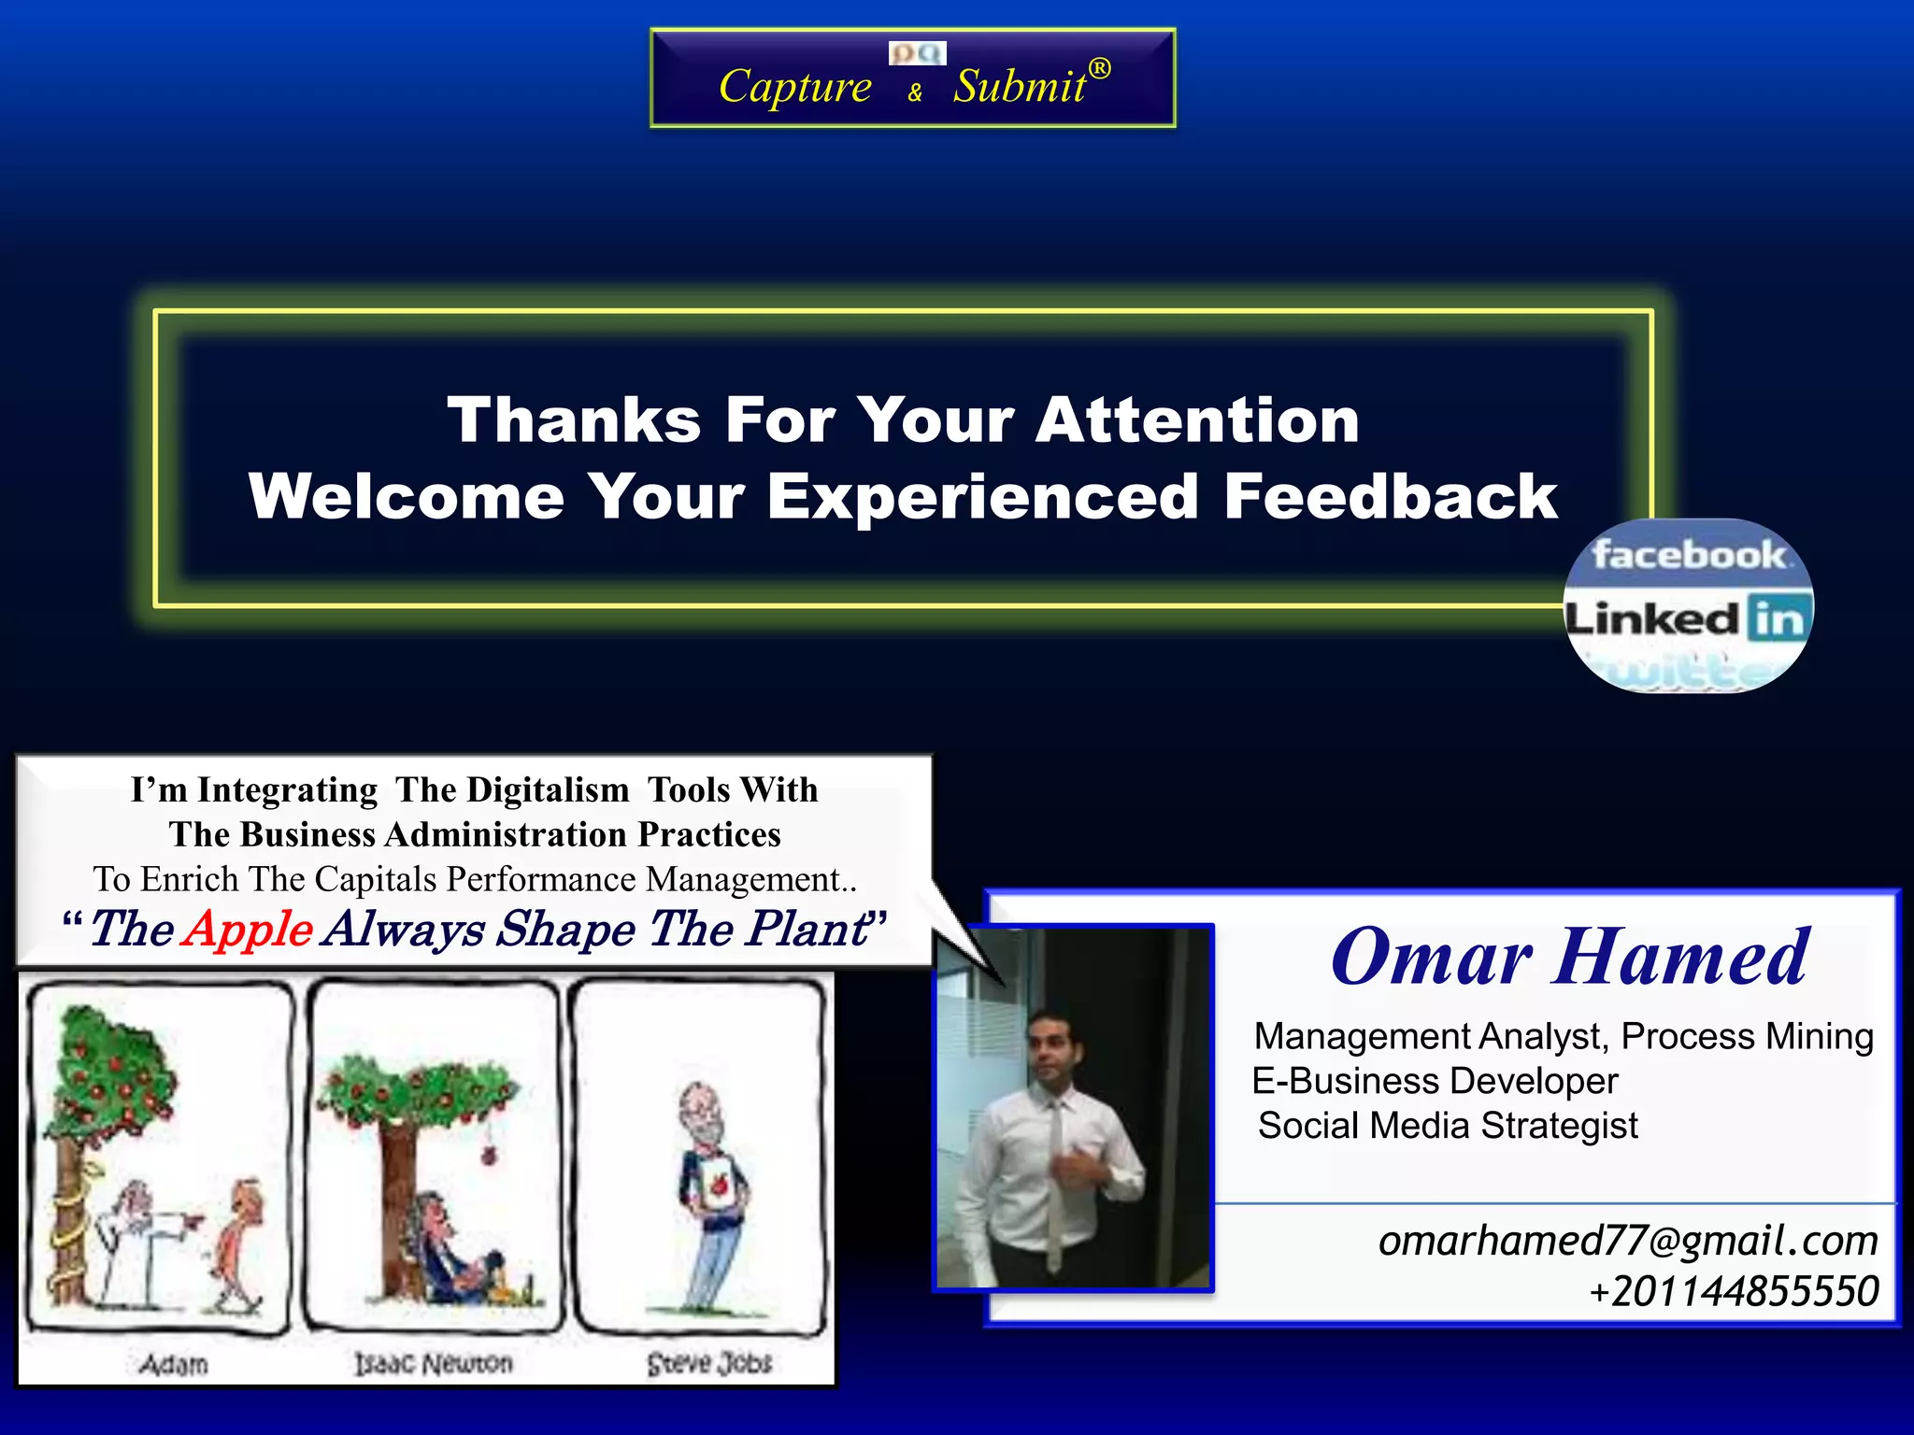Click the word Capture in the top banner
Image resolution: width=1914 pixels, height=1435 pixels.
[794, 86]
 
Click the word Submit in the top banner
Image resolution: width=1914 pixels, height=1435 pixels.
[1019, 86]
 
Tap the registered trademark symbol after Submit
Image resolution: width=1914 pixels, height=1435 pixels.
[1100, 68]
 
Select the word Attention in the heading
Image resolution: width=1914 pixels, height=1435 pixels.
[1197, 419]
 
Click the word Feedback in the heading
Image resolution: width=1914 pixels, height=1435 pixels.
[1390, 496]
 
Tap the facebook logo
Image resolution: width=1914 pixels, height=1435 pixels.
[1688, 555]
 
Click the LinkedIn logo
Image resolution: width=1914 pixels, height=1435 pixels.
[1687, 618]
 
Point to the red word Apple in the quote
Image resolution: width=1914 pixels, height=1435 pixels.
[248, 929]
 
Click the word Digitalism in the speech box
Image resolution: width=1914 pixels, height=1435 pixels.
[548, 789]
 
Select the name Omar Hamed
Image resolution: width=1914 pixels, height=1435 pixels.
[1570, 957]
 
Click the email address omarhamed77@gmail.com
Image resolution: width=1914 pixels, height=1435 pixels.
[1628, 1241]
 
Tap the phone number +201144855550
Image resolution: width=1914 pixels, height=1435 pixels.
[1734, 1291]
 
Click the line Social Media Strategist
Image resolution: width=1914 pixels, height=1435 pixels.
[1448, 1126]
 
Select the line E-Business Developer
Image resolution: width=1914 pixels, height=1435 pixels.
[1435, 1081]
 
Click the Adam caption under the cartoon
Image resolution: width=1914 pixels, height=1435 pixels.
[174, 1364]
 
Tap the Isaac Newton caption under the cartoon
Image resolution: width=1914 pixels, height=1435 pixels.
[434, 1364]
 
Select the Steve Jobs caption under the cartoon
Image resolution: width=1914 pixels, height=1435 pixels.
[709, 1363]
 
